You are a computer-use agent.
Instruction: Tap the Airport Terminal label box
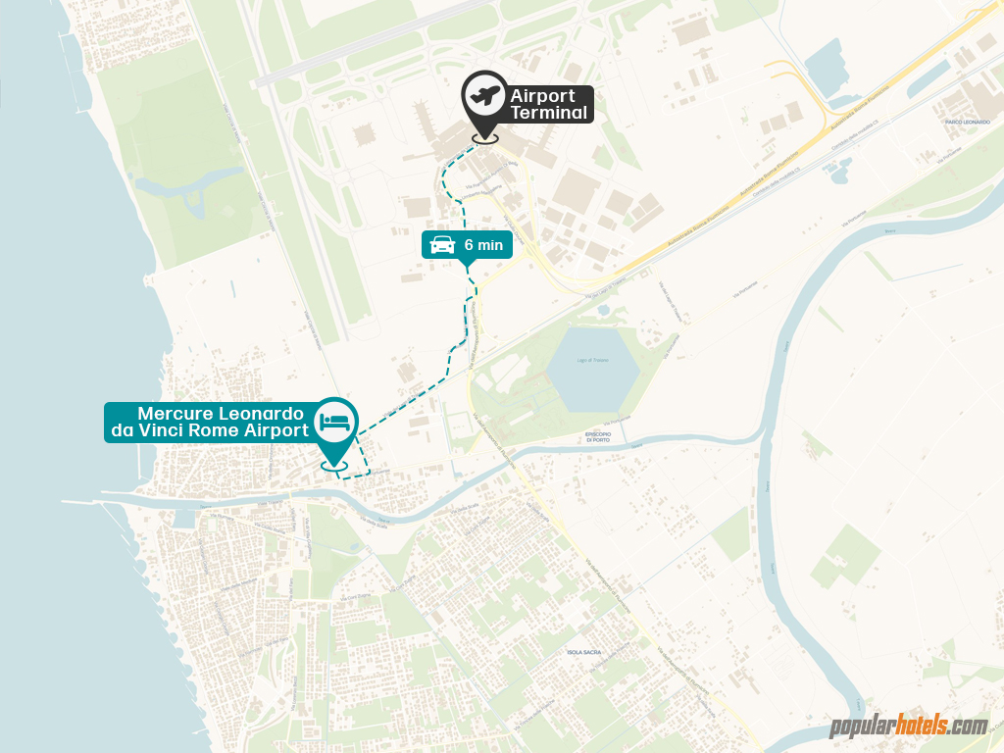pyautogui.click(x=549, y=104)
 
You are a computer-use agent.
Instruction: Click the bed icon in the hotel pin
pyautogui.click(x=334, y=422)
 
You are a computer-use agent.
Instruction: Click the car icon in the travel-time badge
pyautogui.click(x=443, y=244)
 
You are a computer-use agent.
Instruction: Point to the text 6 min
pyautogui.click(x=483, y=245)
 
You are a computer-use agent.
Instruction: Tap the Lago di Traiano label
pyautogui.click(x=591, y=361)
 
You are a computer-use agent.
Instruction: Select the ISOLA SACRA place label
pyautogui.click(x=585, y=652)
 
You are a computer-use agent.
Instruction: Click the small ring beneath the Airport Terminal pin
pyautogui.click(x=484, y=138)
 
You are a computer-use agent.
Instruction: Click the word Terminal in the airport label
pyautogui.click(x=549, y=113)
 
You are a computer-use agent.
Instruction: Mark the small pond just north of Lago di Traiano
pyautogui.click(x=601, y=311)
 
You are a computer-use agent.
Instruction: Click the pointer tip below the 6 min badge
pyautogui.click(x=468, y=265)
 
